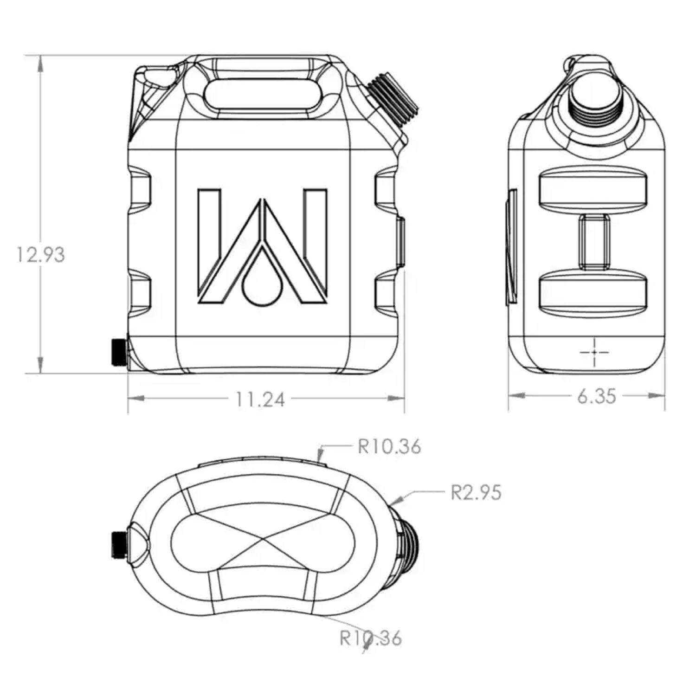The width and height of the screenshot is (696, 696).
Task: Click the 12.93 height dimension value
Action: tap(41, 255)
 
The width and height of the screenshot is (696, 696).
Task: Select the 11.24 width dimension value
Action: tap(260, 399)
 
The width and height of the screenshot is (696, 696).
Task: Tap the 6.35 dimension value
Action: tap(597, 397)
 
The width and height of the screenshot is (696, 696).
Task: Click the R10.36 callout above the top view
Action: tap(389, 446)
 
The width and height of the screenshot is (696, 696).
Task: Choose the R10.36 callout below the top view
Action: tap(371, 638)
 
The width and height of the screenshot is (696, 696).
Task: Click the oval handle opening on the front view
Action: tap(262, 95)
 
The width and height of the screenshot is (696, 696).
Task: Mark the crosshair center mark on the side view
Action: tap(594, 352)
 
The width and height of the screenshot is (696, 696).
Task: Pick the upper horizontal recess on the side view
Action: tap(593, 189)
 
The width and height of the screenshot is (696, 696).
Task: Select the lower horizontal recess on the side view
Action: tap(593, 292)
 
